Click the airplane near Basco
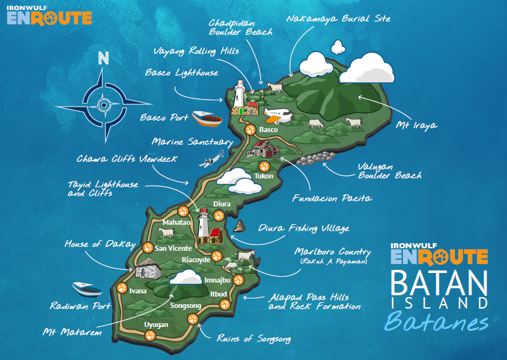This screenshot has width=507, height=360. (x=277, y=115)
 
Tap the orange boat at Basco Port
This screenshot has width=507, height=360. (x=207, y=118)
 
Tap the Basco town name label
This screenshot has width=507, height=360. (x=269, y=130)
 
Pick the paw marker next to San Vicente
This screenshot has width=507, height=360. (x=148, y=248)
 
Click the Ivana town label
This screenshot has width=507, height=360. (x=138, y=291)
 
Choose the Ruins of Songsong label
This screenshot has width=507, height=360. (x=254, y=338)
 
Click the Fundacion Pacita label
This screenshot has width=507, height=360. (x=332, y=198)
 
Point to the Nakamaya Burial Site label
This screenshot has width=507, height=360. (x=338, y=19)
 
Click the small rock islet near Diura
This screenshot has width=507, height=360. (x=240, y=226)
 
